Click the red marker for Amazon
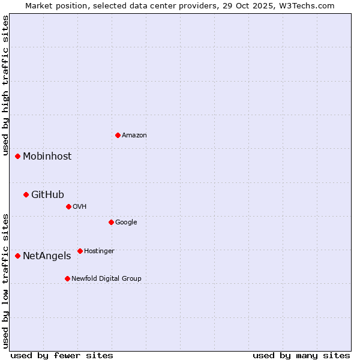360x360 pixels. tap(118, 135)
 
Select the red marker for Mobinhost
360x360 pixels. tap(18, 156)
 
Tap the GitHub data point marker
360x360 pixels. tap(26, 194)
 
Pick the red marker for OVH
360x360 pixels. tap(68, 206)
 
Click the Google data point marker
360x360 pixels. tap(111, 222)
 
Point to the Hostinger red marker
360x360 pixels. tap(80, 251)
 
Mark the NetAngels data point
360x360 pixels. tap(18, 256)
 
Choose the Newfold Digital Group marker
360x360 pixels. tap(67, 278)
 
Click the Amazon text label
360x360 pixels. tap(134, 136)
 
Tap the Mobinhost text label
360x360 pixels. tap(47, 157)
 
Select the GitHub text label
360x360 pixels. tap(47, 194)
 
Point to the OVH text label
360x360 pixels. tap(80, 207)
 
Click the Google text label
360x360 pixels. tap(126, 223)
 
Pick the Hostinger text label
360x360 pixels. tap(99, 251)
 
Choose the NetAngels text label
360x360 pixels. tap(47, 256)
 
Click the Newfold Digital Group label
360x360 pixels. tap(106, 279)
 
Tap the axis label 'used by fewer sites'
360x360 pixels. tap(62, 355)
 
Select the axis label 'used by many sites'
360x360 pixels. tap(301, 355)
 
